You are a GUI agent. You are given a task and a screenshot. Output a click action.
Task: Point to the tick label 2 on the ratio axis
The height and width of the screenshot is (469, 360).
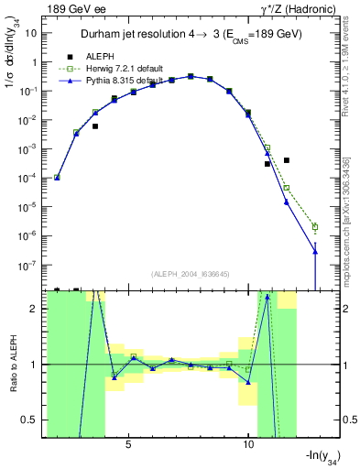pos(36,309)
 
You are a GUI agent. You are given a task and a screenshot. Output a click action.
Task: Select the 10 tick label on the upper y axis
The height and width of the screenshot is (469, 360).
pos(30,33)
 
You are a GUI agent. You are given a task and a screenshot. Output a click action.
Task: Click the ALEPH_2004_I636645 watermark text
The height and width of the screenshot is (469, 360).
pos(185,271)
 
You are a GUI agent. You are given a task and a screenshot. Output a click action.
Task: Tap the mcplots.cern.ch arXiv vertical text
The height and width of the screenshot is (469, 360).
pos(339,202)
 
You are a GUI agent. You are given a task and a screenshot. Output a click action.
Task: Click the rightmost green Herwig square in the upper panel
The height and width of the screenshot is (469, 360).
pos(315,226)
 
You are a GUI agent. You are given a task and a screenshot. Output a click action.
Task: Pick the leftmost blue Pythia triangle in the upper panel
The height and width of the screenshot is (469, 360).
pos(57,178)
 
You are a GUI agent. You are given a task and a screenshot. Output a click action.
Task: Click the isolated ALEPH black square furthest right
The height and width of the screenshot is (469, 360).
pos(287,160)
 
